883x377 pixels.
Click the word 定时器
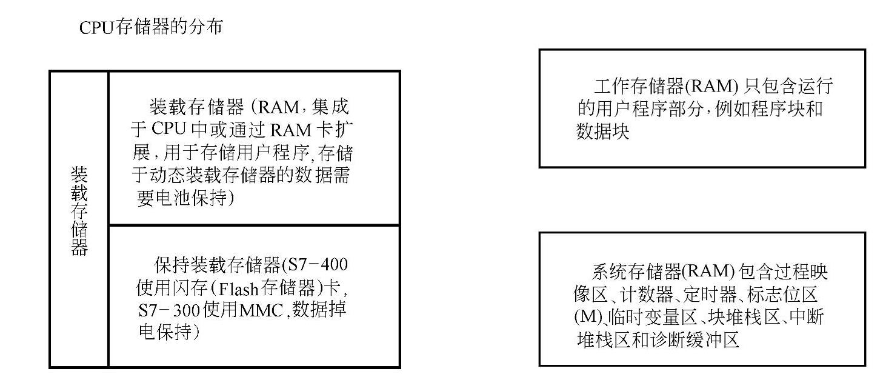click(x=711, y=295)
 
